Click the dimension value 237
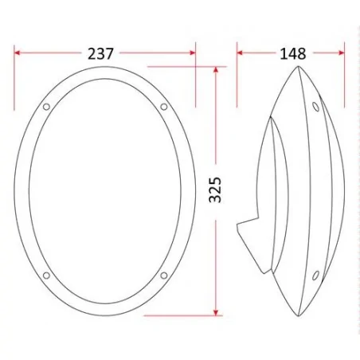point(101,53)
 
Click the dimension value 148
point(293,53)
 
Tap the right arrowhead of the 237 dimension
point(191,53)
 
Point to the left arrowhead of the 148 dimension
point(241,53)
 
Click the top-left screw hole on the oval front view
point(46,106)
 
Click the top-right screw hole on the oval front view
point(163,106)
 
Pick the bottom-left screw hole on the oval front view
point(46,276)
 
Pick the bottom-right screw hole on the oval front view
point(163,276)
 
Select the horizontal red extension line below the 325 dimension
point(183,315)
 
